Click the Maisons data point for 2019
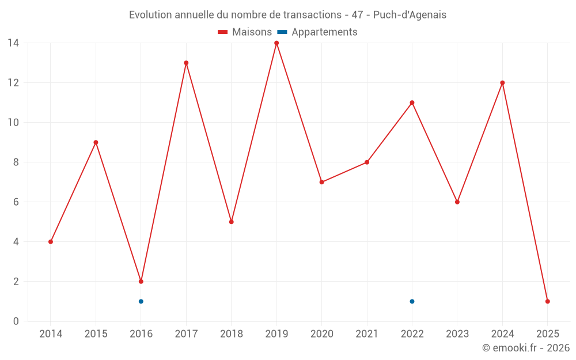click(x=276, y=43)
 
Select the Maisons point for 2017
click(x=186, y=63)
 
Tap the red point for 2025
click(x=547, y=301)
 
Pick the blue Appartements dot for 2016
click(x=141, y=301)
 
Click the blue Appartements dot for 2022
click(x=412, y=301)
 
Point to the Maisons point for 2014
click(x=51, y=242)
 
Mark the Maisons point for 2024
click(x=502, y=83)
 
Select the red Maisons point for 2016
click(x=141, y=282)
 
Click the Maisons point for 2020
click(x=321, y=182)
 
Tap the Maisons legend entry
click(x=245, y=32)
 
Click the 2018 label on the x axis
click(x=231, y=334)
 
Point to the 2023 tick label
click(x=457, y=334)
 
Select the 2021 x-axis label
click(x=367, y=334)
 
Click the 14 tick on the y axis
click(x=13, y=43)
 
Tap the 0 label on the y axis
click(x=16, y=321)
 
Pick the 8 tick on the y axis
click(x=16, y=162)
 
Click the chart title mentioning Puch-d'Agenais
click(x=287, y=15)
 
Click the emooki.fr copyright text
click(x=525, y=348)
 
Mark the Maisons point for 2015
click(x=96, y=142)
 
